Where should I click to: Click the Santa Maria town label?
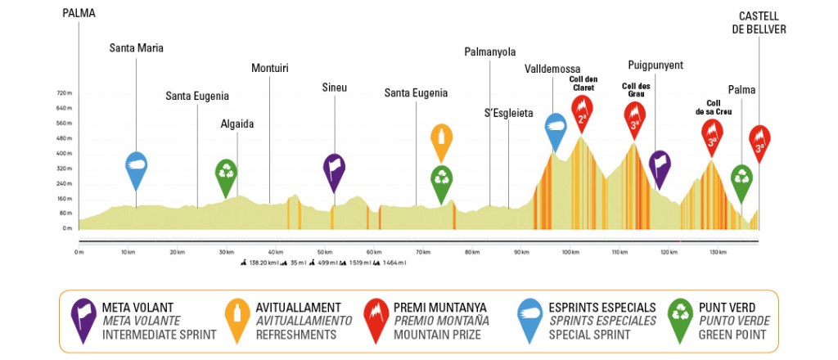[137, 48]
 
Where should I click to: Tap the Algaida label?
[237, 124]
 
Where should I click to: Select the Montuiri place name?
[270, 68]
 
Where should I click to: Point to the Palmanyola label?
[489, 52]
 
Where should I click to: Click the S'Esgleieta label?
[509, 113]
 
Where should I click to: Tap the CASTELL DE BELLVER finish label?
[762, 22]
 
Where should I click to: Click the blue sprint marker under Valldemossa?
[556, 129]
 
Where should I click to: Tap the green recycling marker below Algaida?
[226, 175]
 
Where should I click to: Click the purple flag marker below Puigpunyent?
[660, 166]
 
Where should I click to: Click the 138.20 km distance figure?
[262, 263]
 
